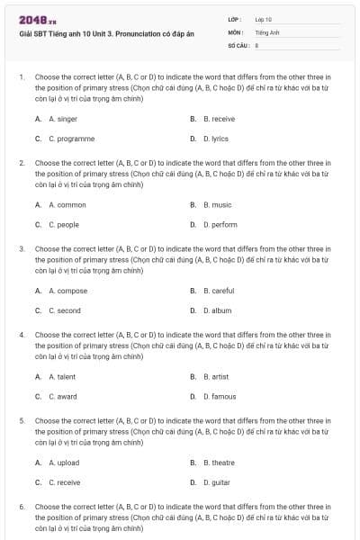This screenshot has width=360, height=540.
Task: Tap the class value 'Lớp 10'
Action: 264,19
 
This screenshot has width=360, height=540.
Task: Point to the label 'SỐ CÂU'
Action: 237,43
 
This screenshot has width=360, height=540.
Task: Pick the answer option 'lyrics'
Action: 215,139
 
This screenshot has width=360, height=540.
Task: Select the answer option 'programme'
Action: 71,139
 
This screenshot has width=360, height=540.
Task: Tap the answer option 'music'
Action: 217,204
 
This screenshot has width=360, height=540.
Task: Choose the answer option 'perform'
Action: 220,225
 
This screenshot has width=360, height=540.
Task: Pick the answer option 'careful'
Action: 219,291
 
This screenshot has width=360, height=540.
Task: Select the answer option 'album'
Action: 217,310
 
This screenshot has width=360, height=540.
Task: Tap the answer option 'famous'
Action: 220,397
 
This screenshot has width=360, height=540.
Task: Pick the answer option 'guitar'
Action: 216,482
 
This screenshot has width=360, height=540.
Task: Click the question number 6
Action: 22,508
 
